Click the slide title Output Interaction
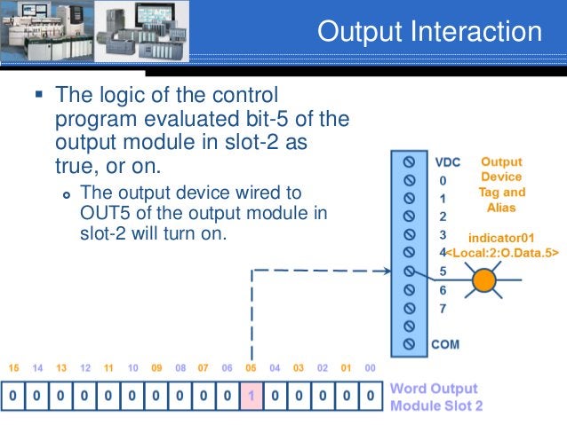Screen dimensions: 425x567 429,32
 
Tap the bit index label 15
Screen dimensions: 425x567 12,367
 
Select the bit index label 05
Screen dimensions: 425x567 252,367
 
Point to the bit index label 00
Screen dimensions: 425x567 370,367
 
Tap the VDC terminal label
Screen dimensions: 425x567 447,162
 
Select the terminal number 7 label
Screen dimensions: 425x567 443,308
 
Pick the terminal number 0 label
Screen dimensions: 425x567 443,180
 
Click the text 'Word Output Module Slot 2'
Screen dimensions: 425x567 435,397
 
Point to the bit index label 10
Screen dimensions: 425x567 132,367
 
